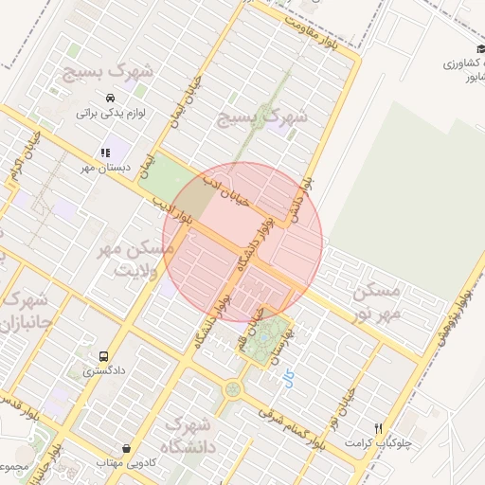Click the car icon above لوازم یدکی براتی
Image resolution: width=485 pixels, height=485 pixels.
[x=111, y=98]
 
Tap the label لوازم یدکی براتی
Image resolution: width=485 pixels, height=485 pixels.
[x=100, y=113]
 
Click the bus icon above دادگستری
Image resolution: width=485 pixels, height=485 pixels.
[x=103, y=356]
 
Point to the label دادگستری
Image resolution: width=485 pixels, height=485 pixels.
[x=101, y=371]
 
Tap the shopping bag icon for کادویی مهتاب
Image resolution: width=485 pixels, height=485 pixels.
[x=127, y=448]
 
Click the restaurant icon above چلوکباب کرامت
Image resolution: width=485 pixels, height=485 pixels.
[x=379, y=428]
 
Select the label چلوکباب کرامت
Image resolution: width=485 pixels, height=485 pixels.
[x=379, y=443]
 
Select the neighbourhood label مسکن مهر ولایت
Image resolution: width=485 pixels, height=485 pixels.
[x=135, y=258]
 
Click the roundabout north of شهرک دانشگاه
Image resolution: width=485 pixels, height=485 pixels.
[x=232, y=388]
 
